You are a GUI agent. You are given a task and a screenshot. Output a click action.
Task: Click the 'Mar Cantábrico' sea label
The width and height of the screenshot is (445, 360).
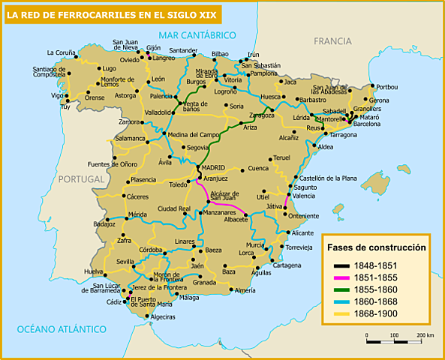tap(197, 35)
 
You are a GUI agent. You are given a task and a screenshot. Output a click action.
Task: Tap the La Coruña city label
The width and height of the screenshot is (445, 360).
tap(61, 52)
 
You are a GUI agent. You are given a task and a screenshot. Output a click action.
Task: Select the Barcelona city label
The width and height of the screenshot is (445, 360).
tap(367, 124)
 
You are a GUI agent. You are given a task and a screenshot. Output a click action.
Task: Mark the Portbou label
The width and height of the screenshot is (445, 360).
tap(387, 86)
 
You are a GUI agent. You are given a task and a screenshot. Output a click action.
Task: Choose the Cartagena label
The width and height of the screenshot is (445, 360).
tap(287, 265)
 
